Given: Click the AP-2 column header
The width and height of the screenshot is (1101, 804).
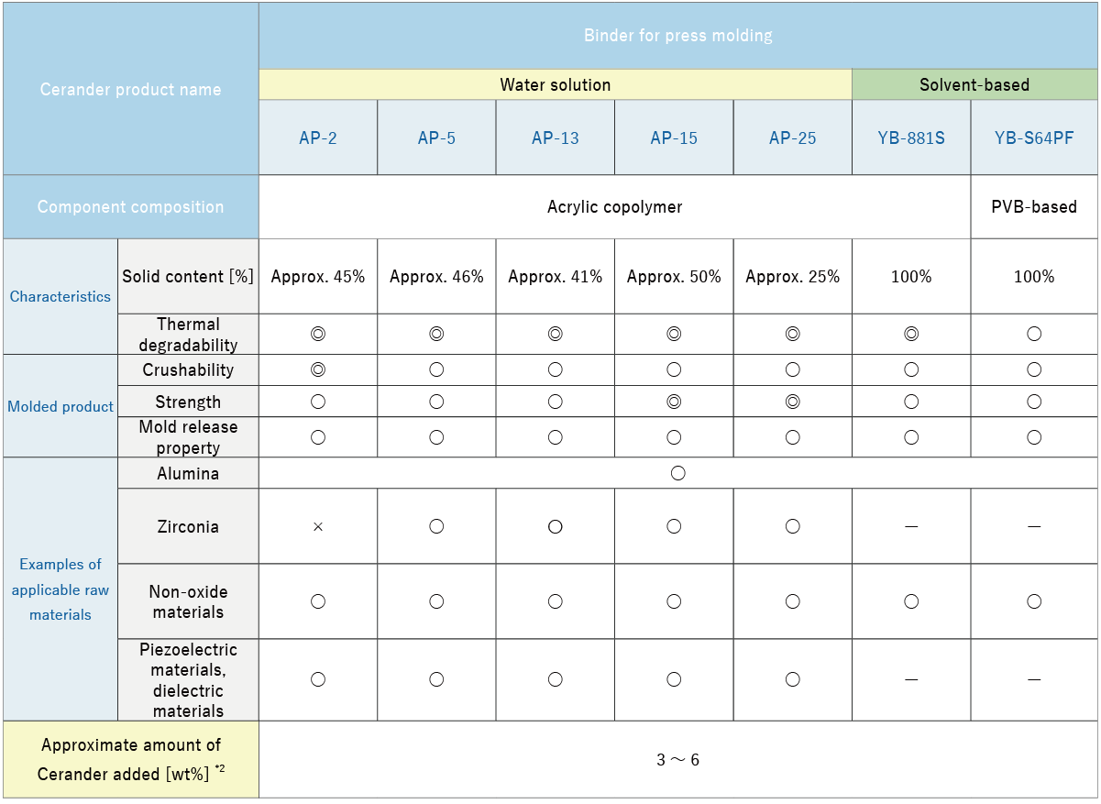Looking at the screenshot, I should point(318,138).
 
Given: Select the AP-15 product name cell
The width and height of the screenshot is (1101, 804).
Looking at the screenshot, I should point(674,138).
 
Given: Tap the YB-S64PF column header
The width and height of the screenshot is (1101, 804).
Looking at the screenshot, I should point(1034,138).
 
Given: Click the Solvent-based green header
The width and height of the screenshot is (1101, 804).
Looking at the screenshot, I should point(974,85).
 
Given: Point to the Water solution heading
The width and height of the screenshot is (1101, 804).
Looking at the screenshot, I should point(556,85).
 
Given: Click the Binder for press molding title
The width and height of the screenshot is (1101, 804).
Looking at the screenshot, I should point(678,36).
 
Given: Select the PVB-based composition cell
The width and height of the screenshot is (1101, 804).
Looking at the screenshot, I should point(1034,207).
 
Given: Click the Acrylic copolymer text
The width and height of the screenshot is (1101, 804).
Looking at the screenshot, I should point(615,207).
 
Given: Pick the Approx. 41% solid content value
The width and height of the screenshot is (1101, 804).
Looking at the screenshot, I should point(556,277).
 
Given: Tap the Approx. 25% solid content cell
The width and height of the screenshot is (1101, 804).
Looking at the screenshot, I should point(793,277).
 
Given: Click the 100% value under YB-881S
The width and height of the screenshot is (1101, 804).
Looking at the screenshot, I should point(911,277).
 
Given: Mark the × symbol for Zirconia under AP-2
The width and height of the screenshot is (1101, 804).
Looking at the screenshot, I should point(318,527).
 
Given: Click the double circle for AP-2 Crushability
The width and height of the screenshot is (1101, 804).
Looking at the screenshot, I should point(318,370).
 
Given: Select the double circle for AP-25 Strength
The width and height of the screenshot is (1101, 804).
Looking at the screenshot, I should point(793,402).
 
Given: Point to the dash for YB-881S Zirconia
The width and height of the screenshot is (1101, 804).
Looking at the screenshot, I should point(911,527).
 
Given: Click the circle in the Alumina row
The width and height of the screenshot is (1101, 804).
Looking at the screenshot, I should point(678,474).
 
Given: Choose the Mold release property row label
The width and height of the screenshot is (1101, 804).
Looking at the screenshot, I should point(188,437).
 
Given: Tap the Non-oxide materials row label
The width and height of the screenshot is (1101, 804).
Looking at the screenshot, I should point(188,602).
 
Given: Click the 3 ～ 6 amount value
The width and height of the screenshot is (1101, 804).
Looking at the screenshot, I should point(678,760).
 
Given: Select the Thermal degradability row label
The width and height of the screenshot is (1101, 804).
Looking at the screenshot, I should point(188,335).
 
